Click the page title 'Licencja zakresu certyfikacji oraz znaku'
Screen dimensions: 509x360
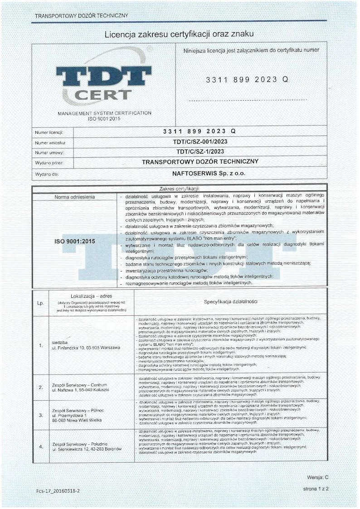[179, 34]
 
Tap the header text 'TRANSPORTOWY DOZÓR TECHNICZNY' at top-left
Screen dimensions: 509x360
[81, 16]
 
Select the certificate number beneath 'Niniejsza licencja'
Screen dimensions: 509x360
[247, 79]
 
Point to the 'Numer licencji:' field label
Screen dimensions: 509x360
[49, 132]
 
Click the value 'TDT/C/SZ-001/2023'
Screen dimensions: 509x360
[199, 142]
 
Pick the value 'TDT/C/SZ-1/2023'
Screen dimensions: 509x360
[199, 152]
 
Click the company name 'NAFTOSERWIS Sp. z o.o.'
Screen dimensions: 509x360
[200, 172]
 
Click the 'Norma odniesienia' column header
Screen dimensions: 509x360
[75, 197]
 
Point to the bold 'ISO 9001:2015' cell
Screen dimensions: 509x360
[75, 242]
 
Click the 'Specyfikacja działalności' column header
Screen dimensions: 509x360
[231, 301]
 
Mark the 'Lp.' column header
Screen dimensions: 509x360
[40, 303]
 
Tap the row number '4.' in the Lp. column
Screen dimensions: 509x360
[41, 447]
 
